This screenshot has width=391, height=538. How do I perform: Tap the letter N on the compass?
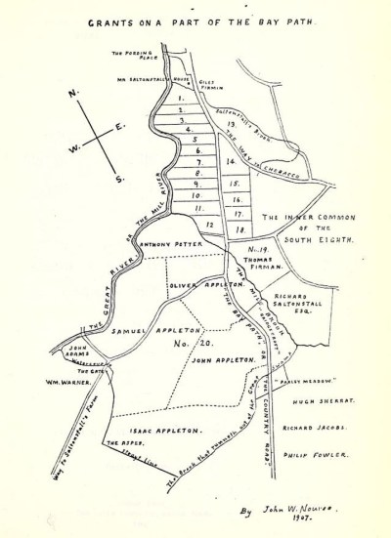tap(71, 95)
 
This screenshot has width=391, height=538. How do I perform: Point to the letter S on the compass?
tap(119, 179)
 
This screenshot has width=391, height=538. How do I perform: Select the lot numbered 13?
tap(230, 125)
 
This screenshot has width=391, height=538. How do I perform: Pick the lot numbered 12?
tap(209, 224)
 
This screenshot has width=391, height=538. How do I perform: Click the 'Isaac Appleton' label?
tap(170, 430)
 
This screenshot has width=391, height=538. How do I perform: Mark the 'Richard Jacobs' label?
tap(316, 428)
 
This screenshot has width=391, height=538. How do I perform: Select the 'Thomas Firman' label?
tap(265, 260)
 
